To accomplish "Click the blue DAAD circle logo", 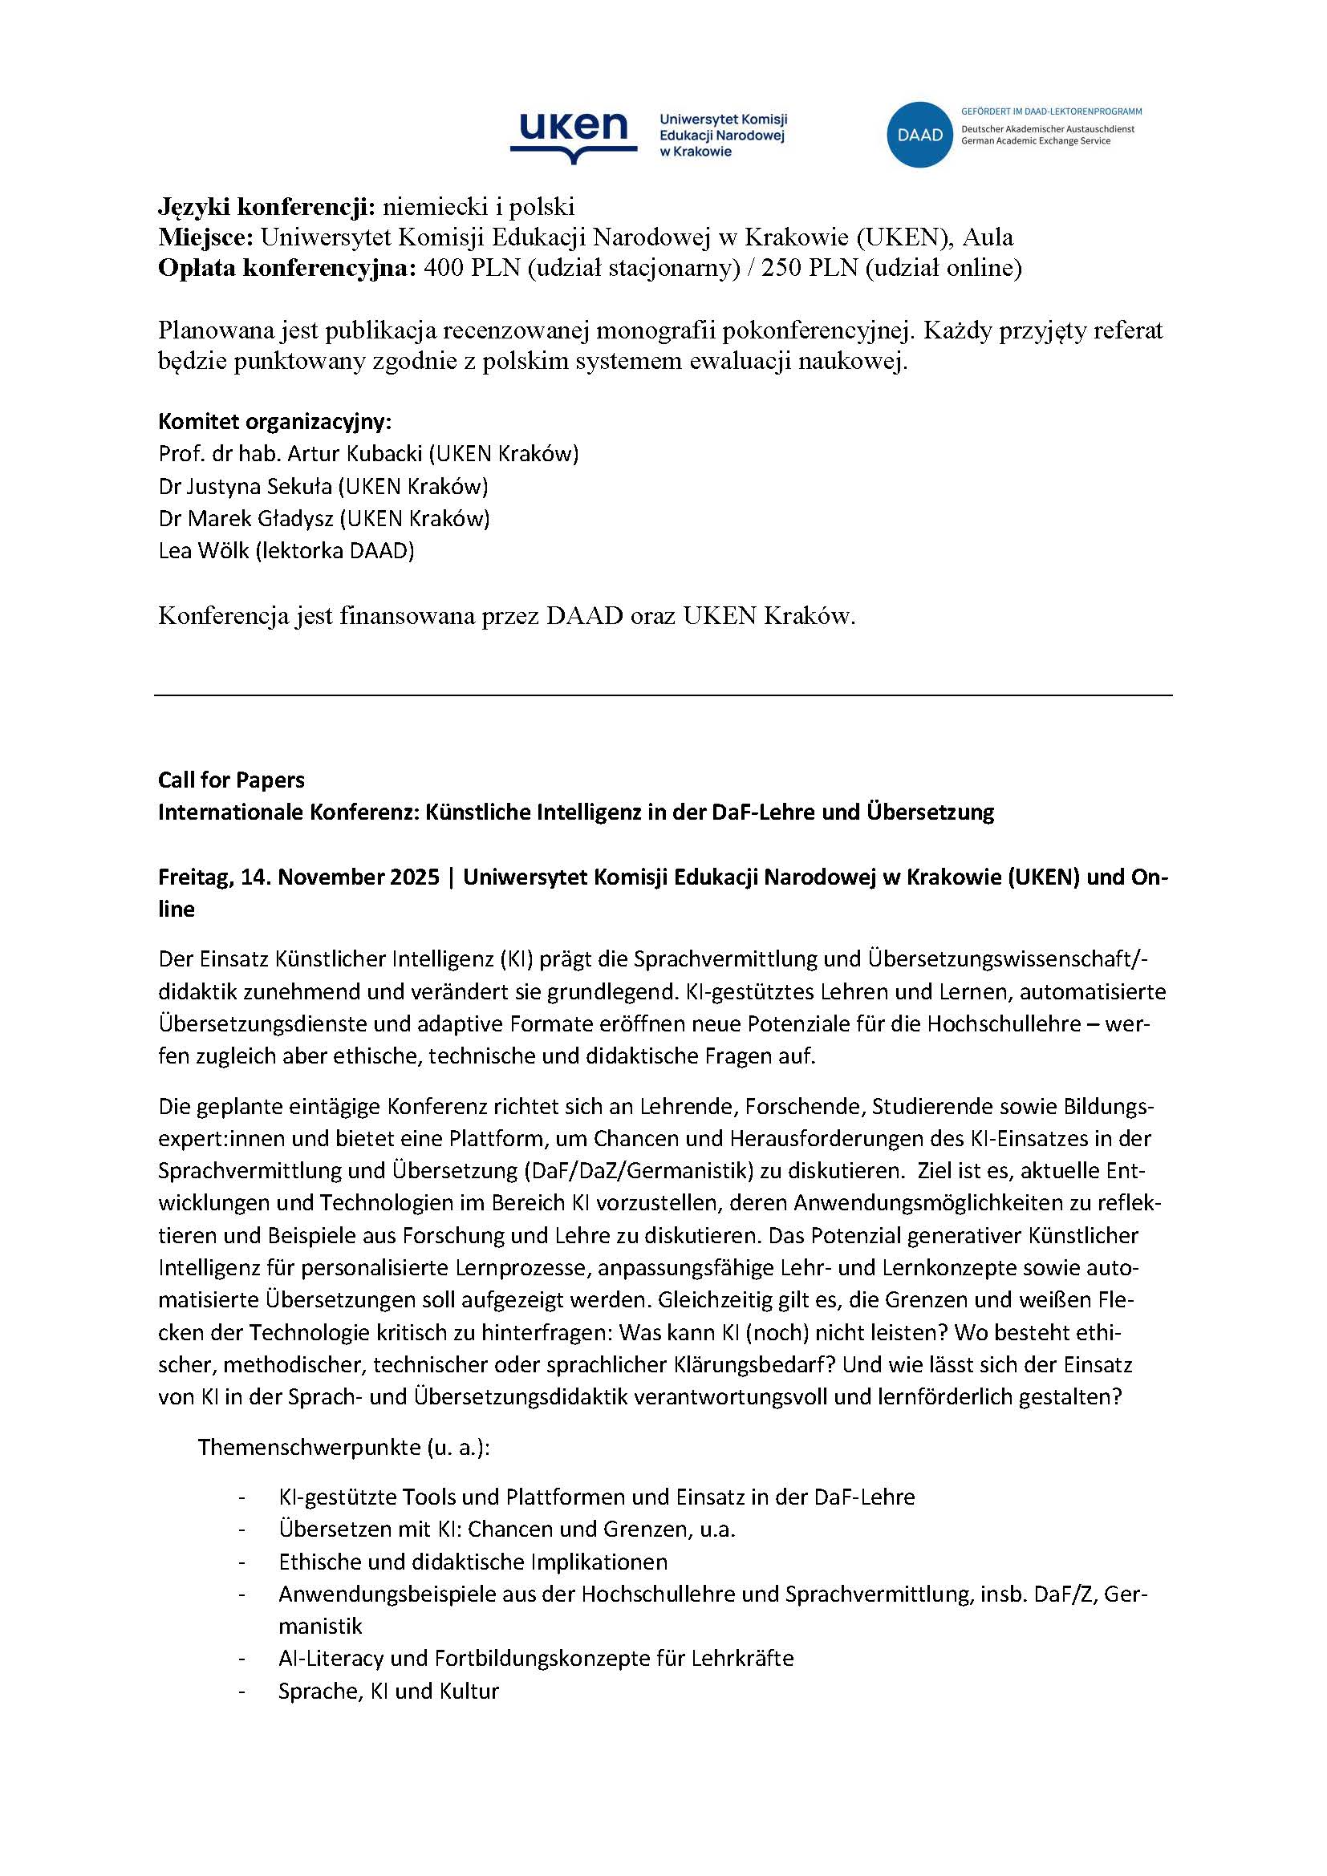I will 919,135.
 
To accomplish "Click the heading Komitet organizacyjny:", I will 274,423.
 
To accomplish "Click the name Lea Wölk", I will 204,551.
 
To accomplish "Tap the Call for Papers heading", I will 230,780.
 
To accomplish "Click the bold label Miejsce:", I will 206,237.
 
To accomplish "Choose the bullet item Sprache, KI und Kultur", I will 388,1692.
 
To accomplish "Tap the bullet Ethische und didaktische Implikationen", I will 473,1562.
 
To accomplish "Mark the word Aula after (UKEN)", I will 988,237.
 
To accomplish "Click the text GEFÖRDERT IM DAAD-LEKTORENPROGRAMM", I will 1051,111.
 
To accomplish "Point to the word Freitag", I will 193,877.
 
